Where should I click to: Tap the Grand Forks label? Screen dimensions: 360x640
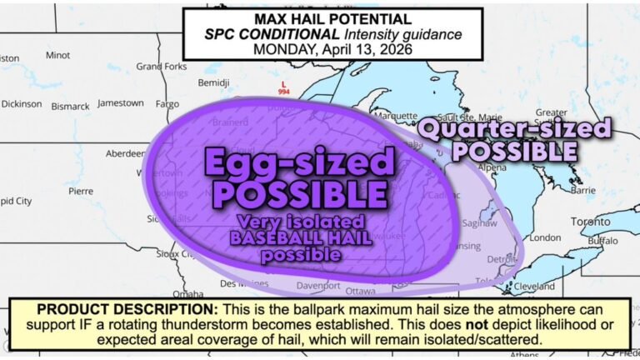click(x=161, y=66)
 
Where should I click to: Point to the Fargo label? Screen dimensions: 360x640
click(x=167, y=104)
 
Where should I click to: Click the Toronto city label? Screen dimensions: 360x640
click(x=590, y=222)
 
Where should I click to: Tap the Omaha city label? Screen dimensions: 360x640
click(x=188, y=293)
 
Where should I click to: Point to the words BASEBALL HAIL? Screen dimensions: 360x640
click(x=300, y=239)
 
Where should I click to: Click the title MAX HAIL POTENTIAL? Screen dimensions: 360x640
click(x=332, y=19)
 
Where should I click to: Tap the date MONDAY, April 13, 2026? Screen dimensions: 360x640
click(x=332, y=50)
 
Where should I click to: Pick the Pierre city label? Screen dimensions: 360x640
click(x=81, y=191)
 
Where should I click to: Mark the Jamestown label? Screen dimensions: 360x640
click(x=120, y=103)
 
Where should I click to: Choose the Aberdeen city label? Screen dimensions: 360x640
click(x=126, y=154)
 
